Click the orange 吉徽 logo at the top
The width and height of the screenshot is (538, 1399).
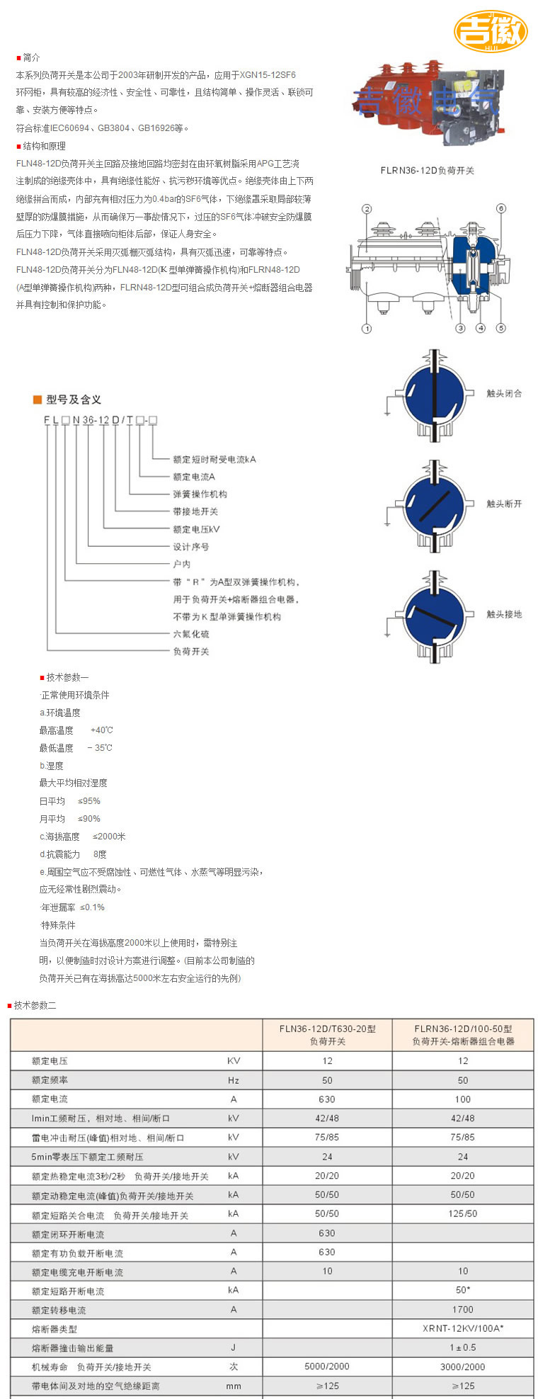[491, 31]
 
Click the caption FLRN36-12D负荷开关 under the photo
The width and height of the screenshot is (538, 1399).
[427, 170]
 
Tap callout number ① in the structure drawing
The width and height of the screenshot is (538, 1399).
[367, 328]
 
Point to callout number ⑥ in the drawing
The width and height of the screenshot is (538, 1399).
[500, 209]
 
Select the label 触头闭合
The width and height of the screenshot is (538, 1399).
[504, 393]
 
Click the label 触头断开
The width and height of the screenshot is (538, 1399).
[504, 504]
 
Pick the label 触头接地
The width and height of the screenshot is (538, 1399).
[504, 614]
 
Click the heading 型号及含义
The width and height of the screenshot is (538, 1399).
[74, 400]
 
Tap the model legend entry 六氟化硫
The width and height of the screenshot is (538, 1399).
[191, 634]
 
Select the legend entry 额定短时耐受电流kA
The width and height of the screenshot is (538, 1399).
[214, 459]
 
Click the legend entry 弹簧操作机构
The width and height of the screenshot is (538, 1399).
[200, 494]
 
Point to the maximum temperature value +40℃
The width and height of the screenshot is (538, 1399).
[102, 730]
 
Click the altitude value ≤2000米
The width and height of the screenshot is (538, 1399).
[109, 837]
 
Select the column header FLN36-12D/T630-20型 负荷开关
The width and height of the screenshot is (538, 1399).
[327, 1035]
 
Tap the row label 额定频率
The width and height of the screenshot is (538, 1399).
[50, 1080]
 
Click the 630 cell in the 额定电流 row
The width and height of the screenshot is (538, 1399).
[327, 1099]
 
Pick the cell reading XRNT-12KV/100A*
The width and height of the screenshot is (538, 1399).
[463, 1329]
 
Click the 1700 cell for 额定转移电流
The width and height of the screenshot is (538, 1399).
[463, 1310]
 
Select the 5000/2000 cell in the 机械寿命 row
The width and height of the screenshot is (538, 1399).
[327, 1366]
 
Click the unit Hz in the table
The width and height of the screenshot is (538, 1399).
[234, 1080]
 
